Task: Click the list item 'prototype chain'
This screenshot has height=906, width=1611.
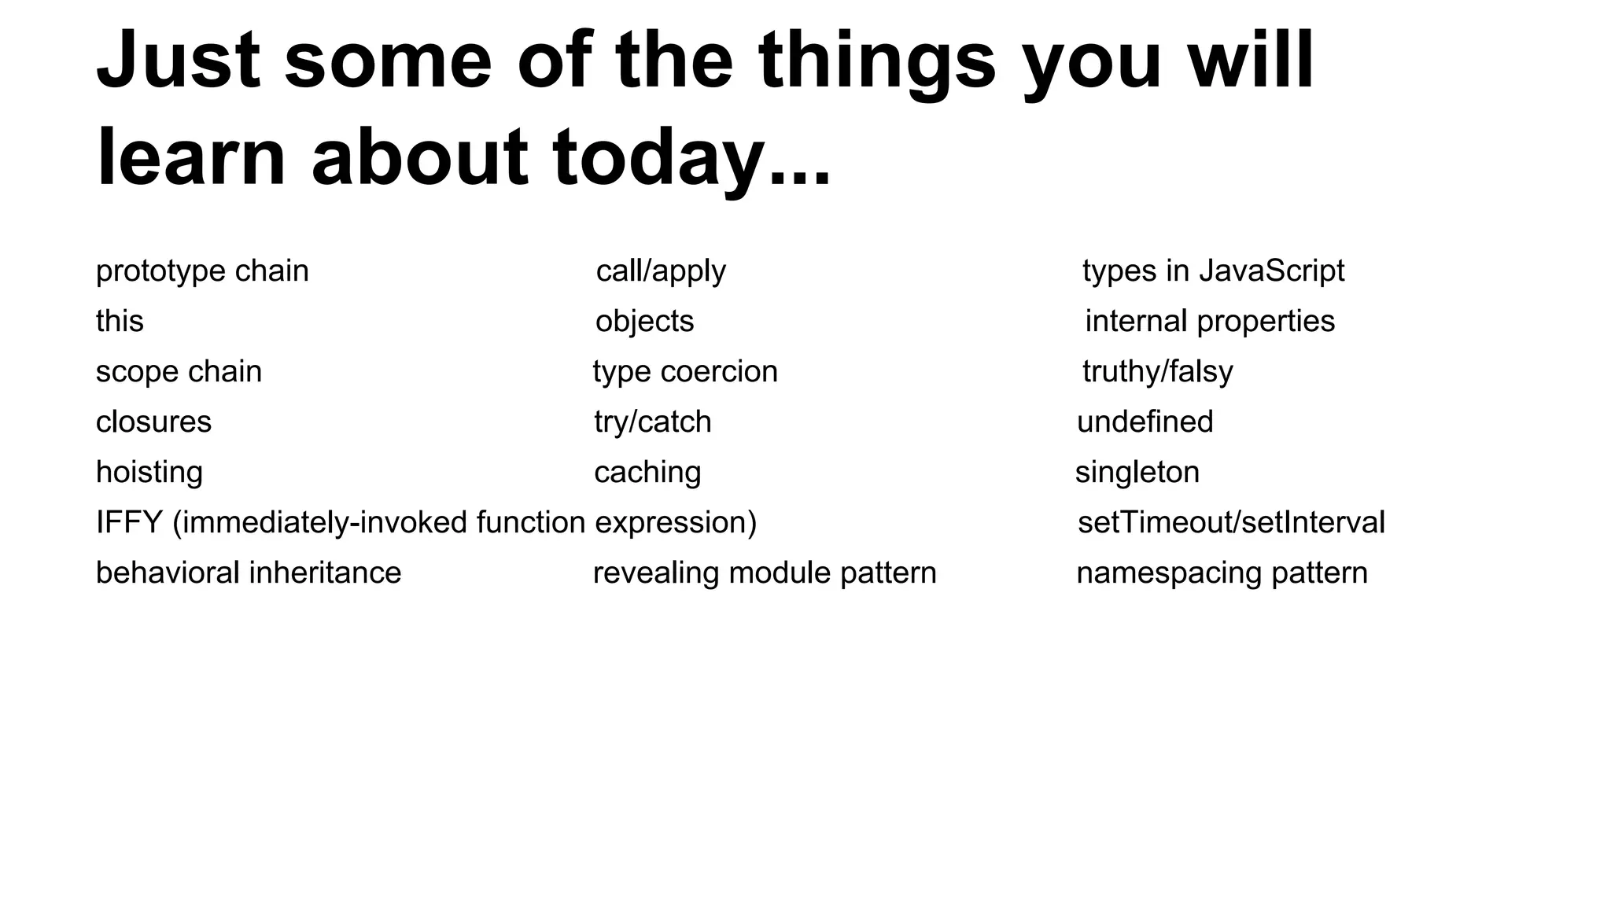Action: [202, 271]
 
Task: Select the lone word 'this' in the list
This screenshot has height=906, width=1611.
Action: [120, 321]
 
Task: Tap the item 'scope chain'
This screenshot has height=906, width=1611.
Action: [179, 371]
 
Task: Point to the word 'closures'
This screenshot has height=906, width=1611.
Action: [153, 422]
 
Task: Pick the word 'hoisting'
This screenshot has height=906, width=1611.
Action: [149, 472]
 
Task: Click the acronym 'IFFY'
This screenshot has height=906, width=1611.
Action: [129, 522]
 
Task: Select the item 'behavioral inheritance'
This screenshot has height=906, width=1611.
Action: [249, 573]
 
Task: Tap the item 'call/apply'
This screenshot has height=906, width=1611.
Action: [661, 271]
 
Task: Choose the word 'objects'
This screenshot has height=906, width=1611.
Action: [644, 321]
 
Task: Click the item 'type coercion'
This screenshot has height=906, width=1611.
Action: [685, 371]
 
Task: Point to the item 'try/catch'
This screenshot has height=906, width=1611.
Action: [652, 422]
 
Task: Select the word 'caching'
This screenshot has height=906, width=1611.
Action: [647, 472]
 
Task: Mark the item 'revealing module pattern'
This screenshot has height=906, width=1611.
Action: [765, 573]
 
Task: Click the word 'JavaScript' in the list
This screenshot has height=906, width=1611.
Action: [1271, 271]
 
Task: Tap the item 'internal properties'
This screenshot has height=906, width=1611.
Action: [1210, 321]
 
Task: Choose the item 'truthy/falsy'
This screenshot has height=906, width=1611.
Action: [1157, 371]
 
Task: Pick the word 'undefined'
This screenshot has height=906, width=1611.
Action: [1145, 422]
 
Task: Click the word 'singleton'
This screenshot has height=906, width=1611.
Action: [1137, 472]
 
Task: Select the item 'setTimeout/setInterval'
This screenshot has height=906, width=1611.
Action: [1231, 522]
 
